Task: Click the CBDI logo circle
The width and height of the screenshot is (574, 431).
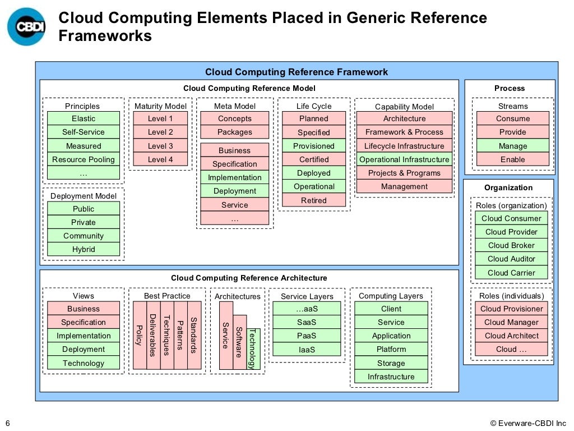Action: [x=26, y=26]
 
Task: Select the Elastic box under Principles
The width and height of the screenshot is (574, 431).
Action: [x=83, y=118]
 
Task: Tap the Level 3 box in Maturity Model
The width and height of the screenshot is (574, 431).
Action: [x=160, y=146]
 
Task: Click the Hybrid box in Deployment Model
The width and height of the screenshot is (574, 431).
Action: [x=83, y=249]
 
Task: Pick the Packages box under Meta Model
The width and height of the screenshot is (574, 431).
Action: [x=234, y=132]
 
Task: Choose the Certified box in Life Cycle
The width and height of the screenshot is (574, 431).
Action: [x=314, y=159]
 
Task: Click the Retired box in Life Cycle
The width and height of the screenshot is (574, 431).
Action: [x=314, y=200]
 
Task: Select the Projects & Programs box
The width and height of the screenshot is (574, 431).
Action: [x=404, y=173]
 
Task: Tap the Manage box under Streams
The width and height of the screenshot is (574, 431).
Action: [x=512, y=146]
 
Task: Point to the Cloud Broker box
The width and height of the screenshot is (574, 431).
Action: [x=511, y=245]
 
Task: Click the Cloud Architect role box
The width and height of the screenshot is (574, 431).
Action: [x=511, y=336]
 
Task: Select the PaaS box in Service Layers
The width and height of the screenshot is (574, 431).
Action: [x=307, y=336]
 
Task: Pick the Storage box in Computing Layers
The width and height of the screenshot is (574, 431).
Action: [x=391, y=363]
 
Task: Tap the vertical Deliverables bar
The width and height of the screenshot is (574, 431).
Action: [x=153, y=335]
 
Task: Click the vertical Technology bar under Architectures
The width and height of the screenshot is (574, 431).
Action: [x=252, y=348]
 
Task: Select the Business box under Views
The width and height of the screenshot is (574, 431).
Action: [x=83, y=309]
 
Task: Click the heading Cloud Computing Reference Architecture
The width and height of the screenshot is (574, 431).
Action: [x=249, y=278]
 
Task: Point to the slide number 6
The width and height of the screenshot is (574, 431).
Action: [x=7, y=423]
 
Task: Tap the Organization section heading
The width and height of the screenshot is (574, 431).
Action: [x=508, y=187]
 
